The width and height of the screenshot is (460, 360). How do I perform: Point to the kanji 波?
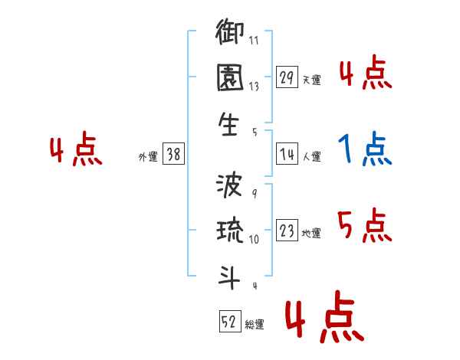click(230, 187)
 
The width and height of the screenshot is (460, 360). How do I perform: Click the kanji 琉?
click(230, 232)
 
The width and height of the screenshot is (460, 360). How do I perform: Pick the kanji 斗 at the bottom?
click(230, 277)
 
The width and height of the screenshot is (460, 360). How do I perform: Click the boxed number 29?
click(287, 78)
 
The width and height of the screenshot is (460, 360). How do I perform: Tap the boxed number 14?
click(287, 155)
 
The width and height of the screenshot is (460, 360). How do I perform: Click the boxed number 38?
click(174, 155)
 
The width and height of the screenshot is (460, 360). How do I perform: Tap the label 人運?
click(311, 157)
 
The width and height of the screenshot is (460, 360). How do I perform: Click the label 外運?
click(147, 157)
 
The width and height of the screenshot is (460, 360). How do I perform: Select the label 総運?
click(255, 325)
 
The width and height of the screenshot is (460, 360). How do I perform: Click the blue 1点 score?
click(365, 149)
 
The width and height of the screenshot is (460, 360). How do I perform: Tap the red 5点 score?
click(365, 225)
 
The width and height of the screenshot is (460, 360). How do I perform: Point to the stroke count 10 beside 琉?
click(254, 240)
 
